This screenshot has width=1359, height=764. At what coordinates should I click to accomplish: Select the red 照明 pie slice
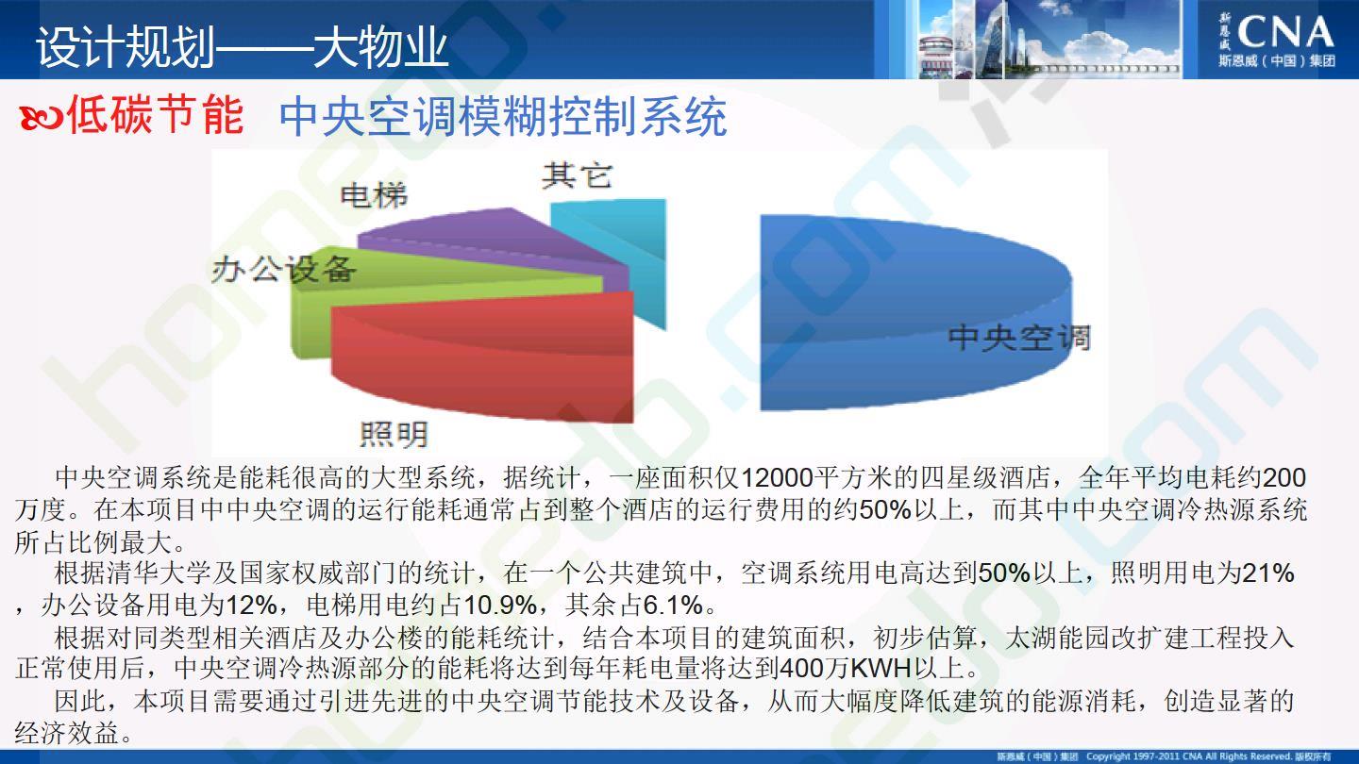coord(485,357)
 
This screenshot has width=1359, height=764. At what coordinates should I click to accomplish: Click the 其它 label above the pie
coord(577,176)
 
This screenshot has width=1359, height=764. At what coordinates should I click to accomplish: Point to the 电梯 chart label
coord(374,195)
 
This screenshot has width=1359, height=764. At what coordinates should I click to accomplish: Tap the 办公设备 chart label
coord(283,269)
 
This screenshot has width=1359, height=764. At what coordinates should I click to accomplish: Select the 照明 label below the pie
coord(394,434)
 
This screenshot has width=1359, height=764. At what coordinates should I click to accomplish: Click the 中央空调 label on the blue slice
coord(1019,337)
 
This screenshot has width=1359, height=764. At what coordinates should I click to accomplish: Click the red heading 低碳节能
coord(156,114)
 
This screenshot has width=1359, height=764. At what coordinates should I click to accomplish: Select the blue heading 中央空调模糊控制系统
coord(503,117)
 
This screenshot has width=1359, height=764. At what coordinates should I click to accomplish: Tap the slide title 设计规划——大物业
coord(242,46)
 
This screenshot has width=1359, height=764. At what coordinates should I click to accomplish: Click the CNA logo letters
coord(1285,32)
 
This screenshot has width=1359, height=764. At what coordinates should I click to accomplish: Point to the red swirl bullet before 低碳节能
coord(41,117)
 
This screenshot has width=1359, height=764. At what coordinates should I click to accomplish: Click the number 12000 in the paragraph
coord(777,478)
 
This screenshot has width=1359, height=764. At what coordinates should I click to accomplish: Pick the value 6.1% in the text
coord(673,605)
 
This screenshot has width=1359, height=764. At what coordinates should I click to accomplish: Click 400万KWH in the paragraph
coord(846,668)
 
